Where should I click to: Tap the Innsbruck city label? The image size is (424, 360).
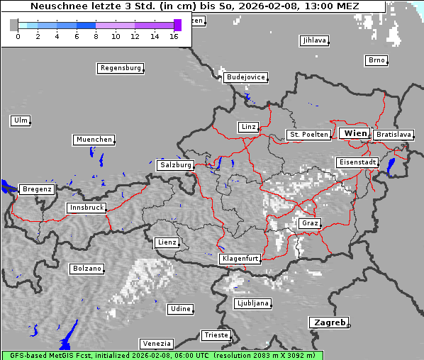pyautogui.click(x=87, y=208)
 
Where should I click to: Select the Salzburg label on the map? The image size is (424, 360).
pyautogui.click(x=175, y=165)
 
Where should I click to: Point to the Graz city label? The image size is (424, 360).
pyautogui.click(x=309, y=223)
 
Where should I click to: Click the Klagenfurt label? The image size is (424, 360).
pyautogui.click(x=240, y=259)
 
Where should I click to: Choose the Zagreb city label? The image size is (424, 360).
pyautogui.click(x=328, y=322)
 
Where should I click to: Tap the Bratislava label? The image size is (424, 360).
pyautogui.click(x=394, y=134)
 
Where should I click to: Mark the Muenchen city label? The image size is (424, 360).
pyautogui.click(x=94, y=140)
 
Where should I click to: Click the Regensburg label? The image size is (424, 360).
pyautogui.click(x=120, y=68)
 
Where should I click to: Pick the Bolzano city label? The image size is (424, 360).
pyautogui.click(x=87, y=269)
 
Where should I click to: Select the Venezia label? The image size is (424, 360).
pyautogui.click(x=155, y=343)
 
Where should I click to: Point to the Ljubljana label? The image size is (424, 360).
pyautogui.click(x=252, y=303)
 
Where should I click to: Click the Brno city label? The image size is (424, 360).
pyautogui.click(x=376, y=60)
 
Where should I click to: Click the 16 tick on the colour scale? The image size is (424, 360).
pyautogui.click(x=174, y=35)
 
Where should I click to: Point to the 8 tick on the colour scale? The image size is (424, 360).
pyautogui.click(x=96, y=35)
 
